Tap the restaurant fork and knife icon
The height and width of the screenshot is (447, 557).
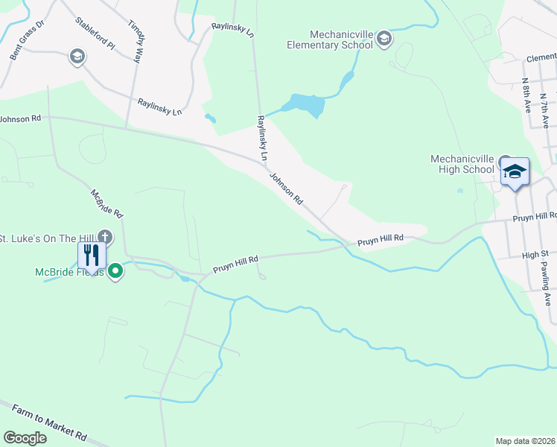(92, 255)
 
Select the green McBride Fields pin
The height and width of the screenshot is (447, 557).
(115, 272)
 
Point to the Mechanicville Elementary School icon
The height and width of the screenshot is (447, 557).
(383, 39)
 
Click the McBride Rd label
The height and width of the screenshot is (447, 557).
(106, 203)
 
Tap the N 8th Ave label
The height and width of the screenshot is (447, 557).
(526, 95)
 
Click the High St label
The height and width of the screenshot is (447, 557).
(535, 255)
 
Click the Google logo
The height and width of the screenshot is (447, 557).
(25, 438)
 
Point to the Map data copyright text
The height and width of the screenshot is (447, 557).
(526, 441)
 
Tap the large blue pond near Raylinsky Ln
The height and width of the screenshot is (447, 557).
(307, 105)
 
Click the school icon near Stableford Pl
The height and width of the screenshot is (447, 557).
(76, 57)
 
